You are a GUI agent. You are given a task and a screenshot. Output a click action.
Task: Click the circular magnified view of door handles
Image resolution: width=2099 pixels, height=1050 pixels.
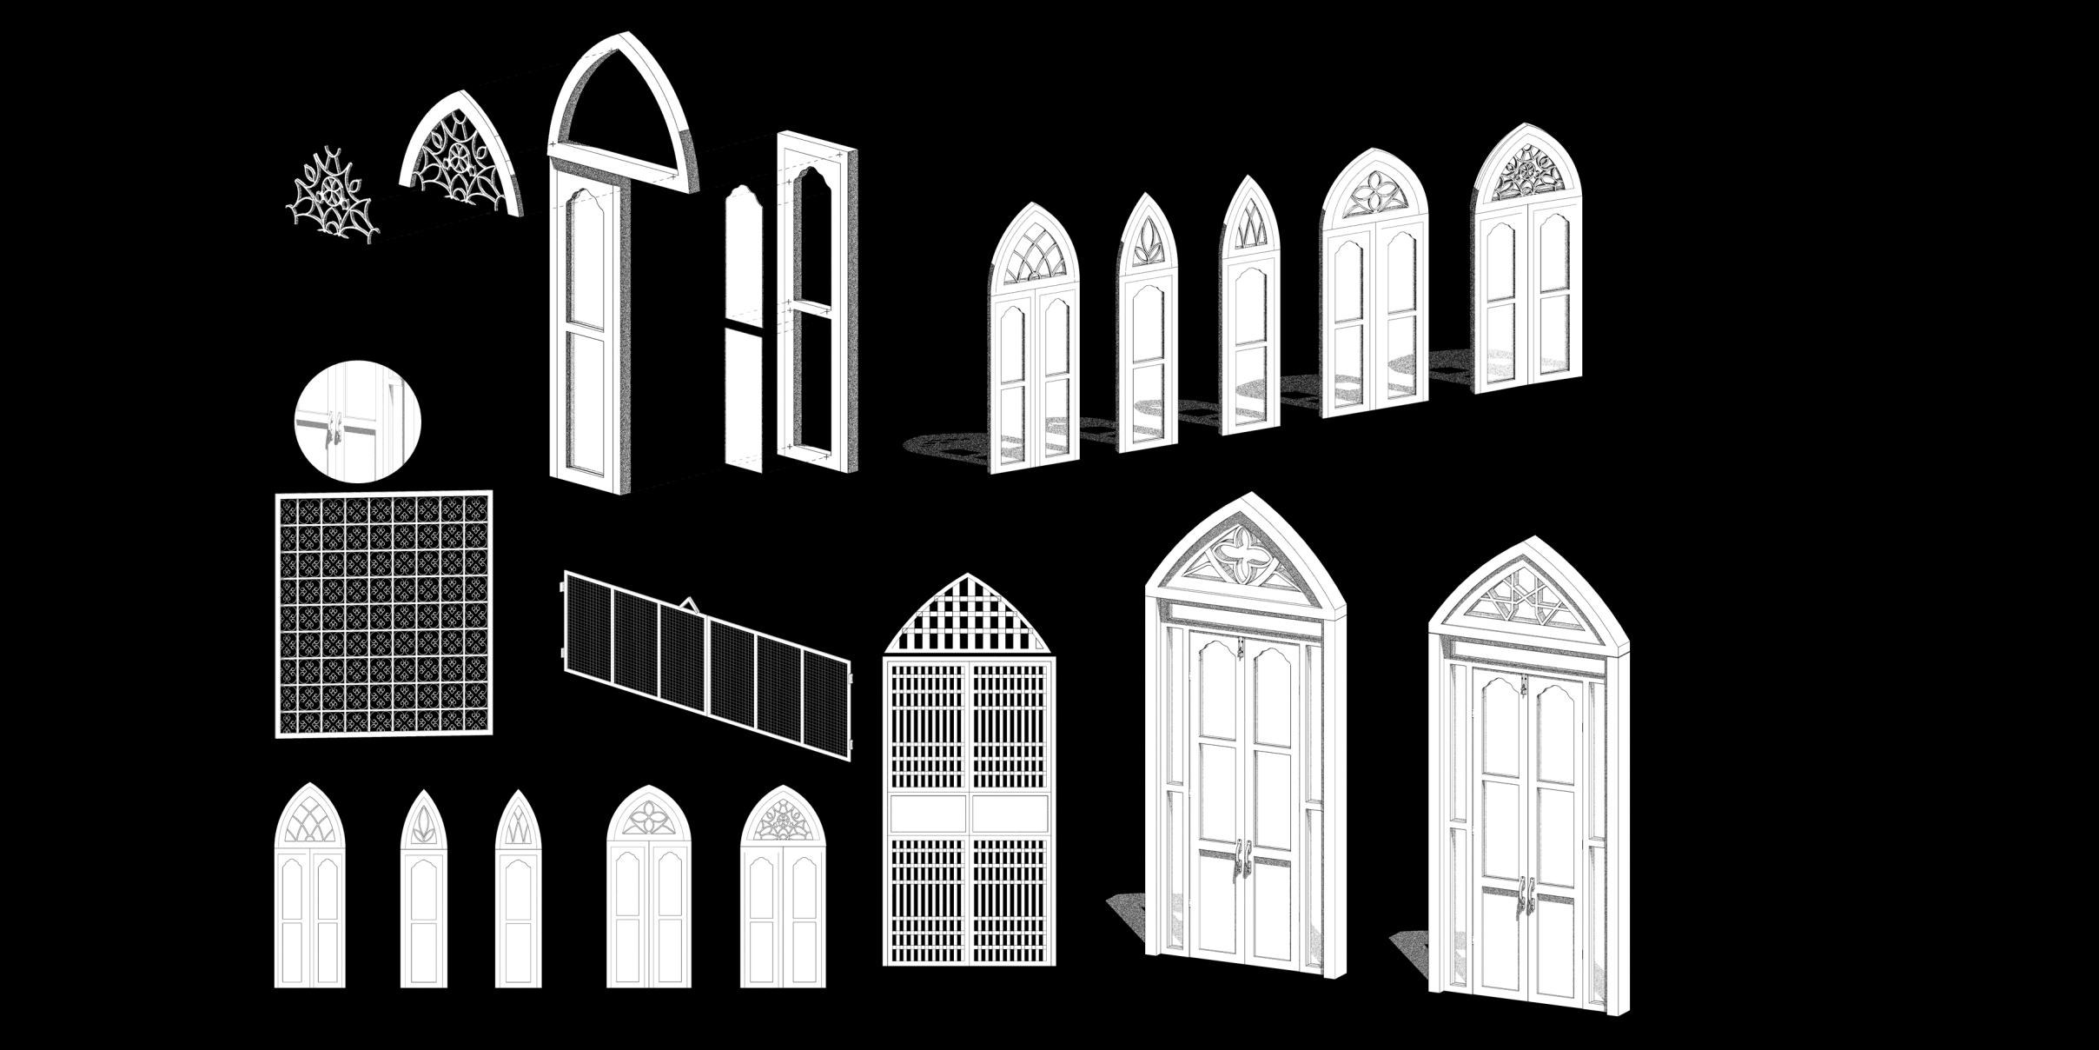tap(358, 422)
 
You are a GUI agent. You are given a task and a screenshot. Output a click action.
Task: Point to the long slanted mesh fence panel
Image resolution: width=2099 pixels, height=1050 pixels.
tap(707, 664)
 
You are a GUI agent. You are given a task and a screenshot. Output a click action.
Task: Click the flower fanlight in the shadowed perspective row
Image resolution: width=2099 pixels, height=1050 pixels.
tap(1374, 191)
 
